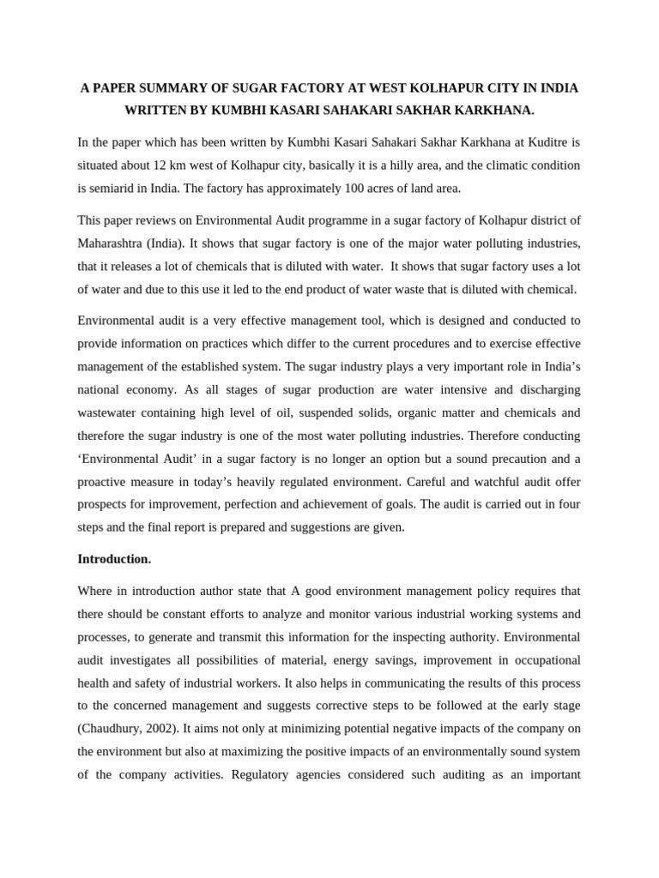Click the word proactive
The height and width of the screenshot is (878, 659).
[106, 482]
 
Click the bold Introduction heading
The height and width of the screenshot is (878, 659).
[114, 559]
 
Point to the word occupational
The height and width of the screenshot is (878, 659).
[541, 659]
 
